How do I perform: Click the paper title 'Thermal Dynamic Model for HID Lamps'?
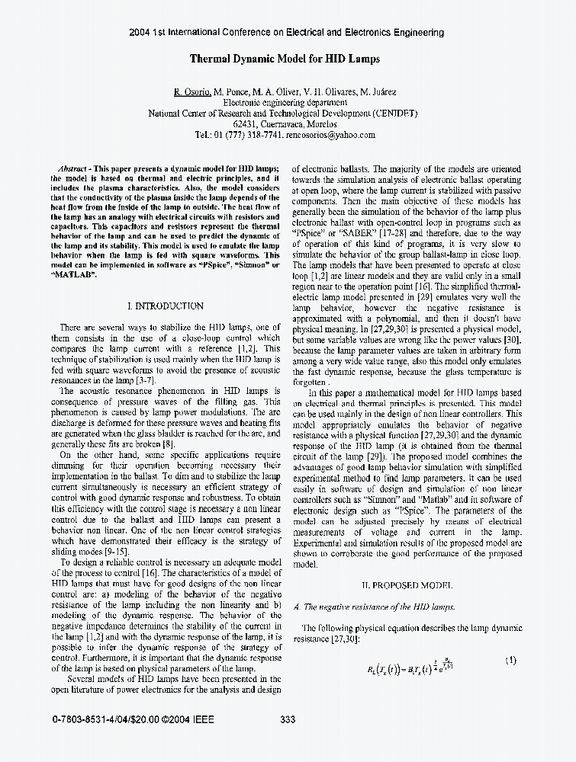[x=285, y=59]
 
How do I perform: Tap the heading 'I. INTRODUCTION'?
[x=165, y=306]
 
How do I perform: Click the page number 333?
[x=288, y=719]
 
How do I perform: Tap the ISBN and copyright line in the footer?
[x=134, y=719]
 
